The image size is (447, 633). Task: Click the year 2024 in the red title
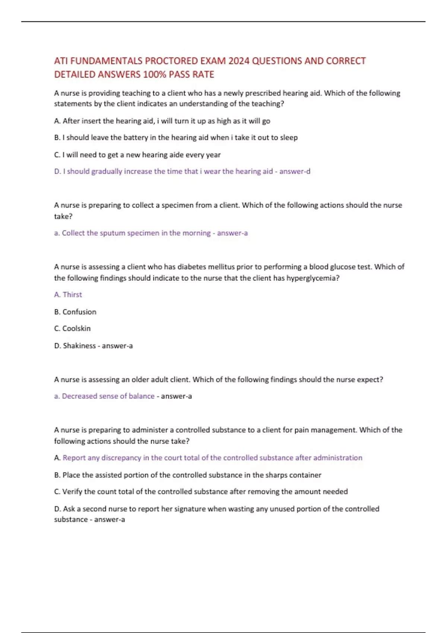[239, 61]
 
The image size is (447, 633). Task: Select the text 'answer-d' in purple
[295, 171]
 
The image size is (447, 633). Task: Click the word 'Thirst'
[72, 295]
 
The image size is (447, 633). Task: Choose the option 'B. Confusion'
[75, 312]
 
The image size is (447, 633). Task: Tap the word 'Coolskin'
[76, 328]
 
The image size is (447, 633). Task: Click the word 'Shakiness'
[79, 346]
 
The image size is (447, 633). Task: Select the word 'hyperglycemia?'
[313, 278]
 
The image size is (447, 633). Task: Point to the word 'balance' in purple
[142, 396]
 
